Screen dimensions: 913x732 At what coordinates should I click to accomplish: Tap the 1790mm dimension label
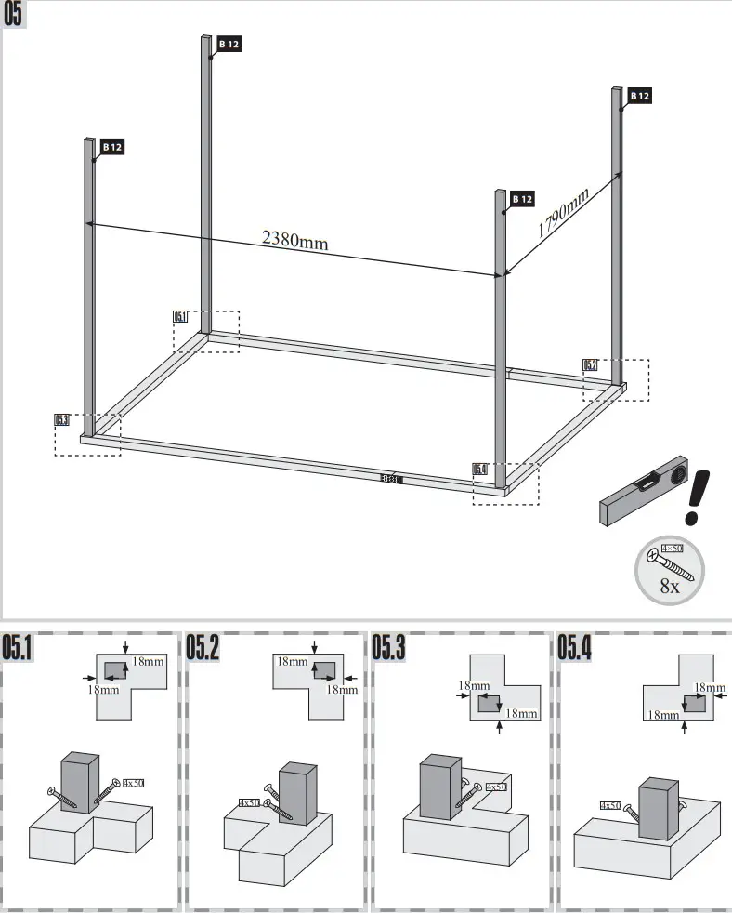pos(563,213)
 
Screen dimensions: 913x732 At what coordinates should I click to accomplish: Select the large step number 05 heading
pos(15,16)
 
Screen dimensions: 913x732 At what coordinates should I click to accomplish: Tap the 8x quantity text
pos(669,586)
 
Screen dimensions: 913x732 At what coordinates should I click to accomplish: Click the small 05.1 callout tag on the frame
pos(180,317)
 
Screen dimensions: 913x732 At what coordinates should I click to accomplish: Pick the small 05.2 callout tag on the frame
pos(590,365)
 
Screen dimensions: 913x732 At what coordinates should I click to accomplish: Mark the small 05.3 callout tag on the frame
pos(62,420)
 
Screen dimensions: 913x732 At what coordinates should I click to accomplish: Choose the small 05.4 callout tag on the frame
pos(480,470)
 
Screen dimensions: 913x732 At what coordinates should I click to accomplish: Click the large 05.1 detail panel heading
pos(19,648)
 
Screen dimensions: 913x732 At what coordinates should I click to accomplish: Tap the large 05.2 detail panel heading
pos(203,648)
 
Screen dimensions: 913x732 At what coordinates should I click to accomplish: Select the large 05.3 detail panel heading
pos(389,648)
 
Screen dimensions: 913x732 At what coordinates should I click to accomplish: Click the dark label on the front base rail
pos(390,480)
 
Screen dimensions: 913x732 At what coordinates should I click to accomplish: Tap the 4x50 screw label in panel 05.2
pos(248,802)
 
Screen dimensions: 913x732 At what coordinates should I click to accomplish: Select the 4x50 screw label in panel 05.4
pos(610,805)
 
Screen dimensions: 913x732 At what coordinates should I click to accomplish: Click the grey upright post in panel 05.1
pos(79,784)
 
